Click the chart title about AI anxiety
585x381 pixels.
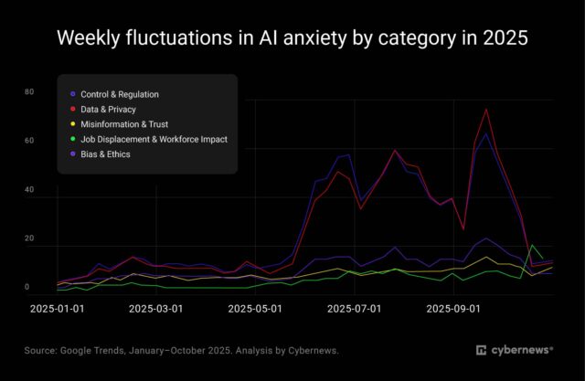pyautogui.click(x=292, y=39)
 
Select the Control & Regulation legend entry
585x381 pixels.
pyautogui.click(x=119, y=94)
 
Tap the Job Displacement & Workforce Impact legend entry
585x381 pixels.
pyautogui.click(x=154, y=139)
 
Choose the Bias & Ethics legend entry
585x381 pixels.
pyautogui.click(x=105, y=153)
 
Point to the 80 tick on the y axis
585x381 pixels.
pyautogui.click(x=29, y=92)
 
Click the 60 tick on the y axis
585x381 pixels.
pyautogui.click(x=29, y=141)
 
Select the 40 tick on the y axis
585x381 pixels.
pyautogui.click(x=29, y=190)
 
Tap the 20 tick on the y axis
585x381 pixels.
pyautogui.click(x=29, y=238)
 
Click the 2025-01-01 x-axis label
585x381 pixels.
pyautogui.click(x=57, y=309)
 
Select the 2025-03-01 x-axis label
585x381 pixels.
pyautogui.click(x=155, y=309)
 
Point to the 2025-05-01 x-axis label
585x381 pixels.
pyautogui.click(x=255, y=309)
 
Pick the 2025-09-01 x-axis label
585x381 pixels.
pyautogui.click(x=453, y=309)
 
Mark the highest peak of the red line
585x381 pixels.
pyautogui.click(x=486, y=110)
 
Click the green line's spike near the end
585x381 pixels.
pyautogui.click(x=534, y=245)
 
